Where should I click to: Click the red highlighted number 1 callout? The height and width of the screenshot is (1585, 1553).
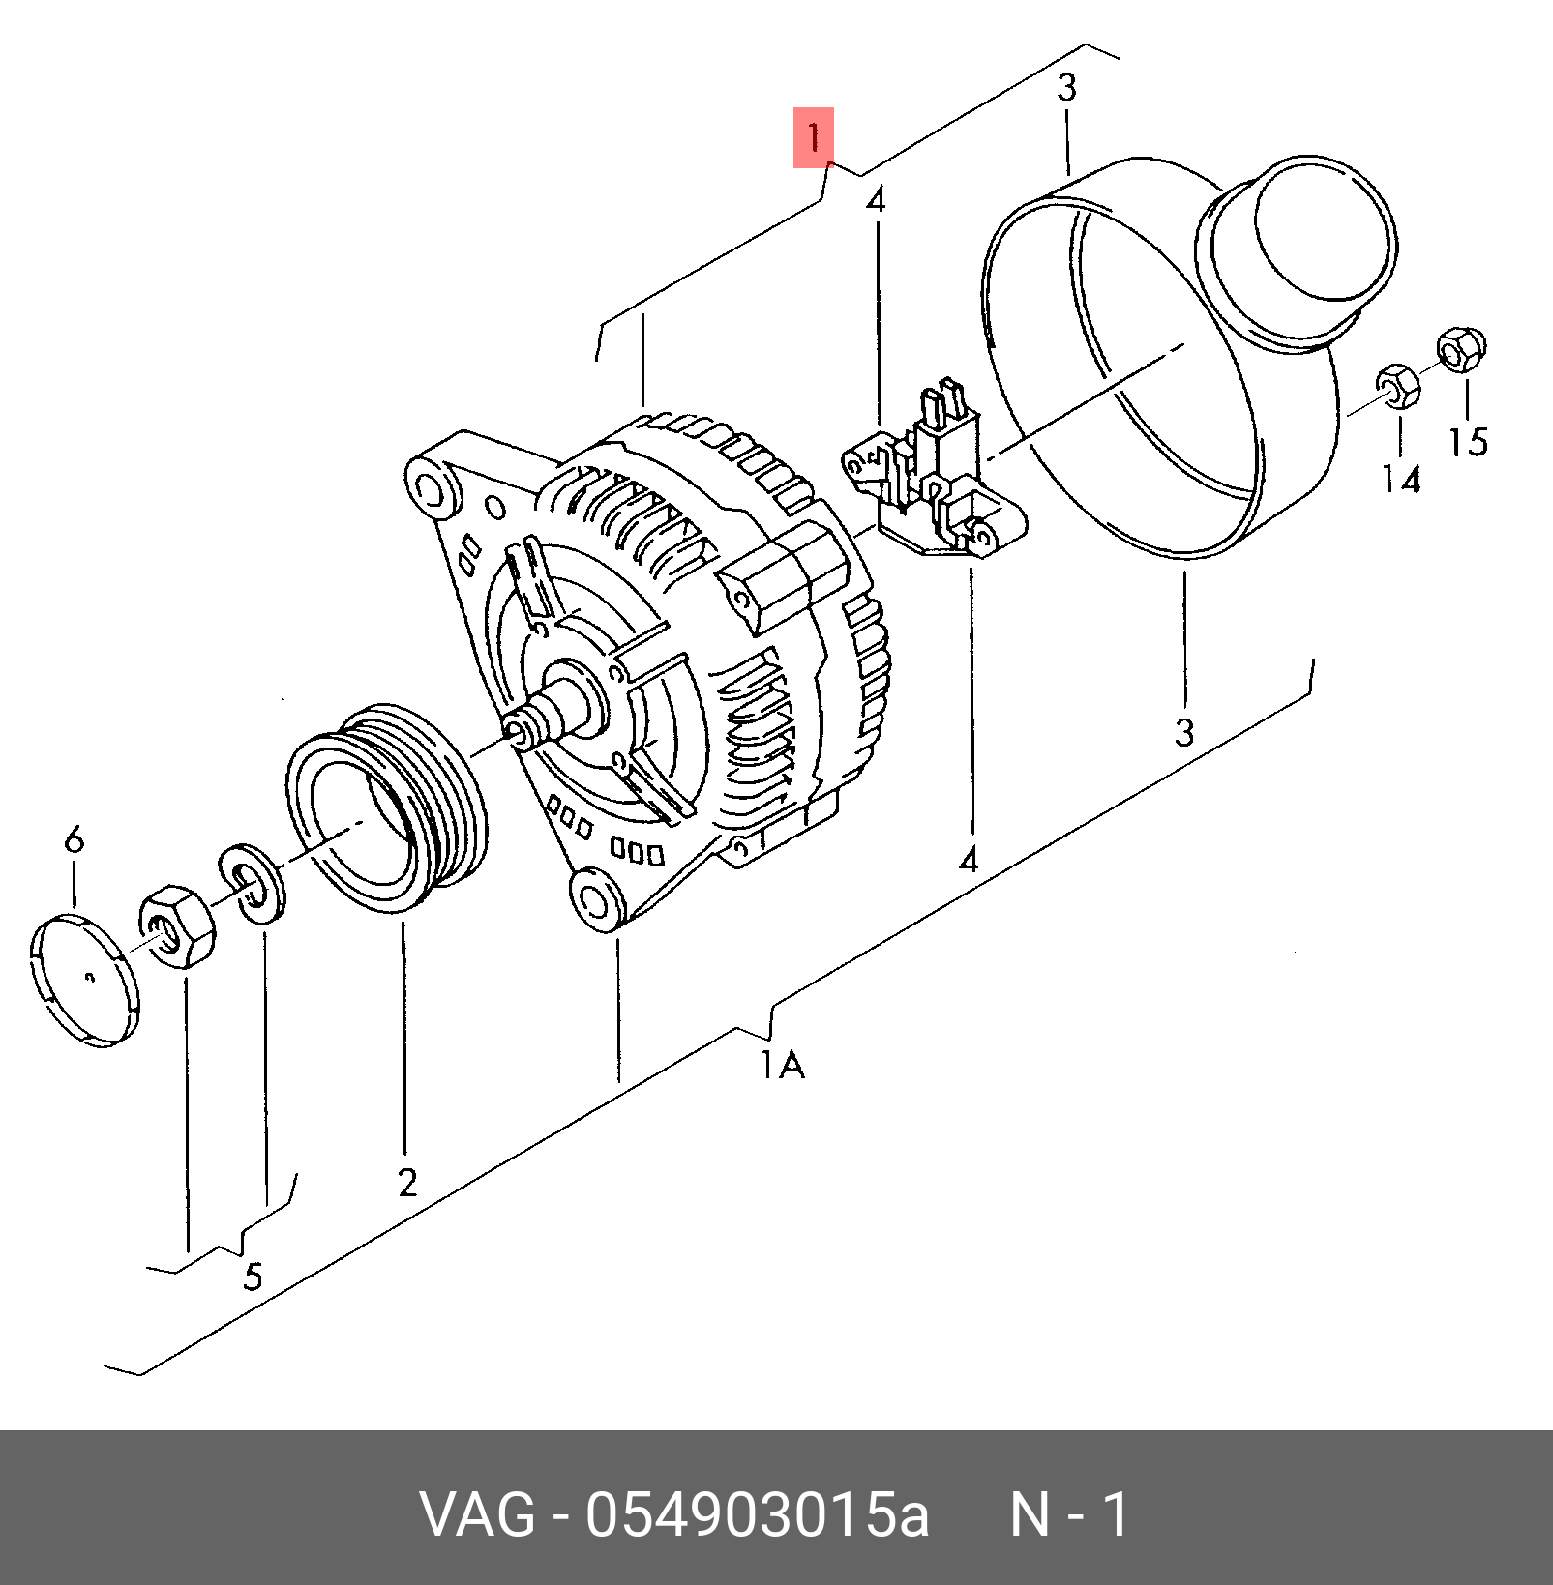[x=814, y=137]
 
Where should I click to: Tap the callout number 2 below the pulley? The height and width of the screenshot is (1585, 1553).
[x=406, y=1181]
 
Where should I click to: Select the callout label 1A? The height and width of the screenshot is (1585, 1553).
[x=782, y=1066]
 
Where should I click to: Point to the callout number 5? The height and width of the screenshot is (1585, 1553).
[x=252, y=1277]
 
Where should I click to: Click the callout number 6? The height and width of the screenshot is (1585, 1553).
[x=75, y=838]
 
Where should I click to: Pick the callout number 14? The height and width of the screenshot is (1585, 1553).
[x=1400, y=478]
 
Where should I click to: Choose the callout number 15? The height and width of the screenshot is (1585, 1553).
[x=1467, y=440]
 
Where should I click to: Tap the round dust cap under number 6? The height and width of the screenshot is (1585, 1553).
[x=84, y=982]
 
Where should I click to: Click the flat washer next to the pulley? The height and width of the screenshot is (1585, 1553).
[x=251, y=885]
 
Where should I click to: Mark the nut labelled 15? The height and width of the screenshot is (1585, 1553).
[x=1461, y=350]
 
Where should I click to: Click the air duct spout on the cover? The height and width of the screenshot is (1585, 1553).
[x=1297, y=248]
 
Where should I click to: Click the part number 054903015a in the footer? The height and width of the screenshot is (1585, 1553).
[x=756, y=1514]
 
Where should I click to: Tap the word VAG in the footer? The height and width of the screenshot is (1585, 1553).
[x=478, y=1514]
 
